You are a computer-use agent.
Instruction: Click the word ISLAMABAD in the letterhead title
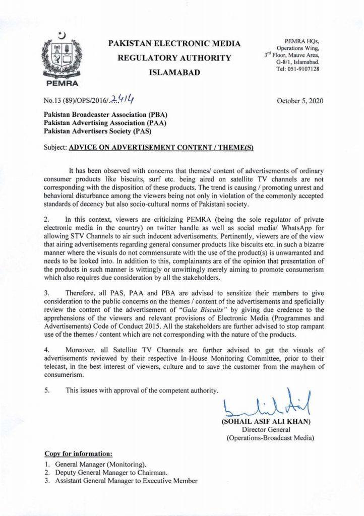click(x=174, y=73)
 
